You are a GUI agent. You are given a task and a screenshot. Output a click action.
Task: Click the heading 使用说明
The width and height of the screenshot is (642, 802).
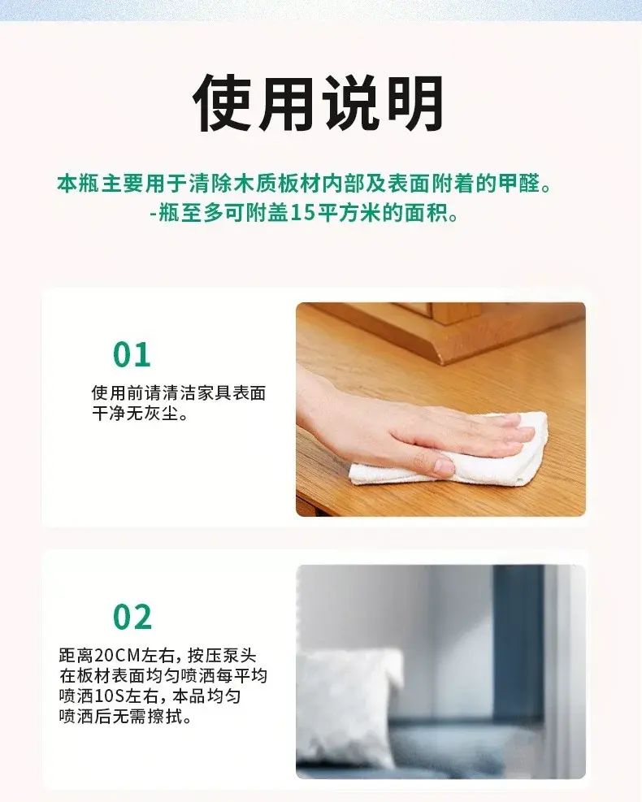[318, 103]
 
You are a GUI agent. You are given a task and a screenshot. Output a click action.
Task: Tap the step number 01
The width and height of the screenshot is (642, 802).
[132, 354]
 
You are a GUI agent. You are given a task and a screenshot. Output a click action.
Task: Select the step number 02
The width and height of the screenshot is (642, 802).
[132, 617]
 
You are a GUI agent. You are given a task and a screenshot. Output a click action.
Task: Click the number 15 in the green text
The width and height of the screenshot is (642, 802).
[303, 213]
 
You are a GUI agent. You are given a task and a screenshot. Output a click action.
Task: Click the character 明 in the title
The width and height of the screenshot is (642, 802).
[414, 103]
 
